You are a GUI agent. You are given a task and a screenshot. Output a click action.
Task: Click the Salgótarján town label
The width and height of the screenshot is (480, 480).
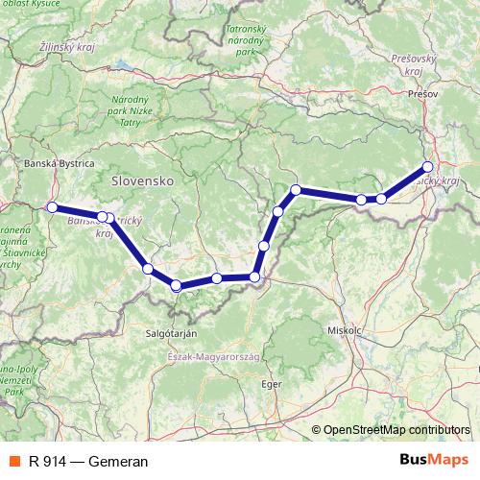(x=170, y=332)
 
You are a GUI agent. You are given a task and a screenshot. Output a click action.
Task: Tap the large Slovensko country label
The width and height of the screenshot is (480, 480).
(x=141, y=180)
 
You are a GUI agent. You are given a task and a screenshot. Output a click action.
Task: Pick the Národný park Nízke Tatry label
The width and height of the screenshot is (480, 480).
(x=131, y=110)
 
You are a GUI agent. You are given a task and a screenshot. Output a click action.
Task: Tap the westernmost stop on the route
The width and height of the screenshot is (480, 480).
(x=52, y=207)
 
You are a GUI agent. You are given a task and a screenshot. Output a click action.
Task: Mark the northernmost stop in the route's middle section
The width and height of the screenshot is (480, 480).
(x=297, y=190)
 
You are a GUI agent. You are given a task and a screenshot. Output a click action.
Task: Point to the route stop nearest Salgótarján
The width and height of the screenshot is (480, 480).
(x=176, y=285)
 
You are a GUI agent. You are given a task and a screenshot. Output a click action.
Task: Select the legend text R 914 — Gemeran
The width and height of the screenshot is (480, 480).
(x=88, y=461)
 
